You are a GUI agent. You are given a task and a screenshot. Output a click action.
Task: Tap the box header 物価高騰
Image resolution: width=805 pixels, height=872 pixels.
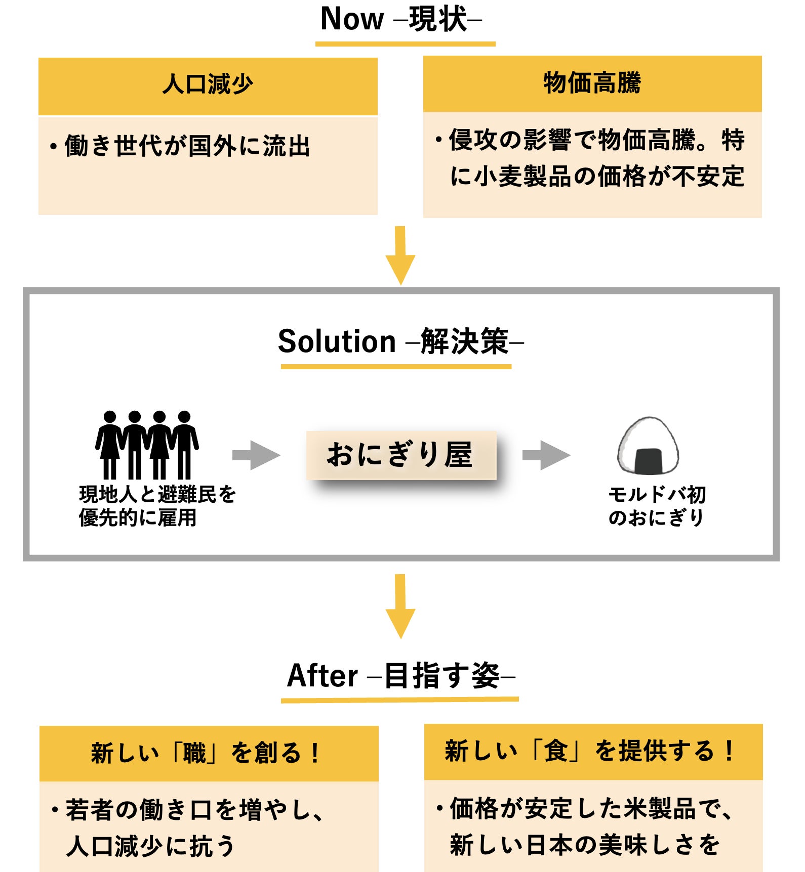tap(592, 83)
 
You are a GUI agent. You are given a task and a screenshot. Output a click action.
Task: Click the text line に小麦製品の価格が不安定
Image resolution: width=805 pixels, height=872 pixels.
tap(597, 177)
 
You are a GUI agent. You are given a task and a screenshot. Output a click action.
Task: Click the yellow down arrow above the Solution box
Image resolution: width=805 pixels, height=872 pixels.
tap(400, 255)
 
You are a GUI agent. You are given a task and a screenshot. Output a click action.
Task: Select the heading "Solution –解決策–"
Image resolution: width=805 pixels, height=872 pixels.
tap(400, 341)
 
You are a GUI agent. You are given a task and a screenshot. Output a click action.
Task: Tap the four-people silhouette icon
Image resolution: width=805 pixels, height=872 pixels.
tap(147, 445)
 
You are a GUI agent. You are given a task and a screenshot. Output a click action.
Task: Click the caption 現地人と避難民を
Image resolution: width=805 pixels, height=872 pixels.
tap(157, 494)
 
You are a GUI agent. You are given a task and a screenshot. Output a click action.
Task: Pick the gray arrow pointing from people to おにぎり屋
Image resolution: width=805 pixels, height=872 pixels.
tap(256, 455)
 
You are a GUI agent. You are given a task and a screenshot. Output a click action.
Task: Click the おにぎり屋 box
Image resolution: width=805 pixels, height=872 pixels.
tap(401, 455)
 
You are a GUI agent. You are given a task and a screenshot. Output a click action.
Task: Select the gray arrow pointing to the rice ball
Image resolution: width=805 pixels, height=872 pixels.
tap(546, 455)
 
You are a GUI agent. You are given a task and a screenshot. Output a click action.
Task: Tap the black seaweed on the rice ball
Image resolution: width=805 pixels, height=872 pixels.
tap(648, 460)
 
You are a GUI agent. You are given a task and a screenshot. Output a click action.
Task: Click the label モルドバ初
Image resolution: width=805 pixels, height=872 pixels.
tap(657, 495)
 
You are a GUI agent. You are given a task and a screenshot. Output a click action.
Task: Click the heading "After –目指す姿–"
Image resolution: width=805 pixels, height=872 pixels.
tap(400, 676)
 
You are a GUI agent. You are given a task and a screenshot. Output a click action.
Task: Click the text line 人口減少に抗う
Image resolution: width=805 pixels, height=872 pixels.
tap(150, 846)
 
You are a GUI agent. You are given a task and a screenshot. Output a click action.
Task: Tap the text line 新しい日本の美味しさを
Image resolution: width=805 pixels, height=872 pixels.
tap(584, 845)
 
